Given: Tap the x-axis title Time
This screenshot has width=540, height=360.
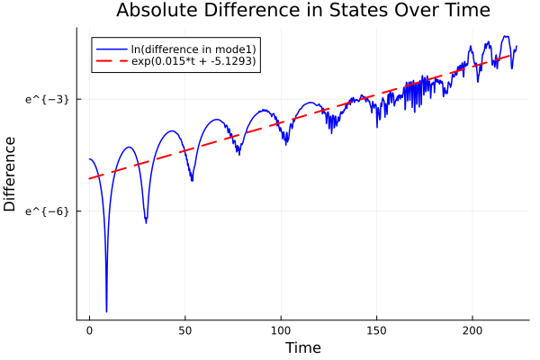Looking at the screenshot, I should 302,347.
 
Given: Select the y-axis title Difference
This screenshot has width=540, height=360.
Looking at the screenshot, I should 11,174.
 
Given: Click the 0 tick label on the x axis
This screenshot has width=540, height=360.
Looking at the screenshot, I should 89,330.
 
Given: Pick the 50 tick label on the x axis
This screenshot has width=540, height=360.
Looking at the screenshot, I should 185,330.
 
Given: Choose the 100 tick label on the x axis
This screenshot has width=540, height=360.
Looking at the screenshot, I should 281,330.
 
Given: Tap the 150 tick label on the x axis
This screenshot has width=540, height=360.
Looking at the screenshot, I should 377,330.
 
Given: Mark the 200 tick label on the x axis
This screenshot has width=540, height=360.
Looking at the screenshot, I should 472,330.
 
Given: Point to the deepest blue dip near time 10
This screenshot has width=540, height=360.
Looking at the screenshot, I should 106,310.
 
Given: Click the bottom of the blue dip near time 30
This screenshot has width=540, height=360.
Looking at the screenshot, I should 146,221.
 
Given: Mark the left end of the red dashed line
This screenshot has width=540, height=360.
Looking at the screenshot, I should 89,178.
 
